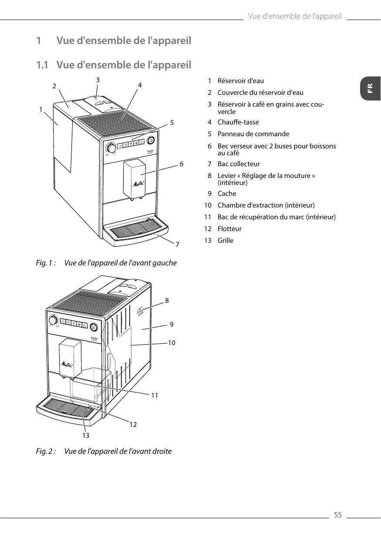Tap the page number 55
pyautogui.click(x=337, y=515)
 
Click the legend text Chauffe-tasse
pyautogui.click(x=238, y=122)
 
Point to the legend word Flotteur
pyautogui.click(x=229, y=229)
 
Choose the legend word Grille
pyautogui.click(x=226, y=241)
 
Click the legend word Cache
pyautogui.click(x=227, y=194)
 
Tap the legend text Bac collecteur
pyautogui.click(x=239, y=164)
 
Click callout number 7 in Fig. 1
pyautogui.click(x=177, y=245)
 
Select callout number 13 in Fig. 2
pyautogui.click(x=85, y=435)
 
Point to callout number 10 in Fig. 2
pyautogui.click(x=172, y=343)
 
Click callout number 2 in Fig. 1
pyautogui.click(x=54, y=86)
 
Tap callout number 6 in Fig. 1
pyautogui.click(x=182, y=164)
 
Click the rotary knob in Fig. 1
pyautogui.click(x=111, y=148)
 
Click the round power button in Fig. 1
pyautogui.click(x=151, y=140)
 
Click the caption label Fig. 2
pyautogui.click(x=46, y=451)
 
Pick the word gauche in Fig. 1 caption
pyautogui.click(x=165, y=263)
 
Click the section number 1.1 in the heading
pyautogui.click(x=42, y=65)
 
